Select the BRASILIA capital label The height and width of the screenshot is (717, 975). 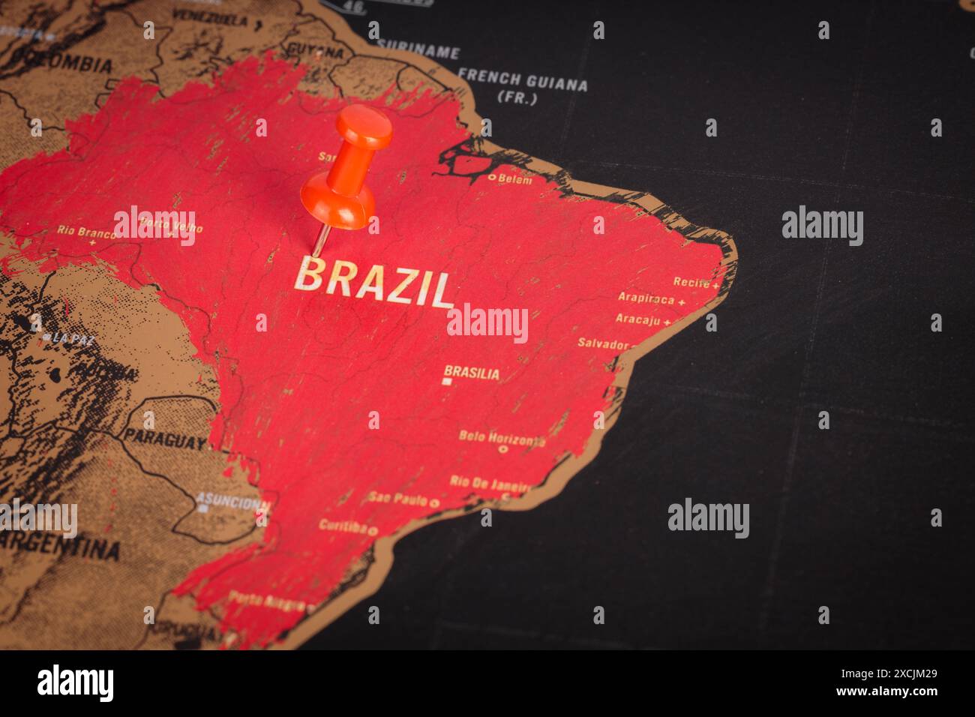point(472,372)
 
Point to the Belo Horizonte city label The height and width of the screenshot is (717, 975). point(502,438)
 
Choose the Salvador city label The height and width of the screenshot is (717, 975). point(602,343)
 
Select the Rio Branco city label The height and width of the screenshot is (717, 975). point(85,232)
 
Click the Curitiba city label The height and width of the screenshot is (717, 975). point(343,526)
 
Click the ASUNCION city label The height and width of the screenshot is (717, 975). point(233,501)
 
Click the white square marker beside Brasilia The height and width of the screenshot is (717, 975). point(448,382)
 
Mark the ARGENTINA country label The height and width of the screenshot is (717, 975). point(60,546)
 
